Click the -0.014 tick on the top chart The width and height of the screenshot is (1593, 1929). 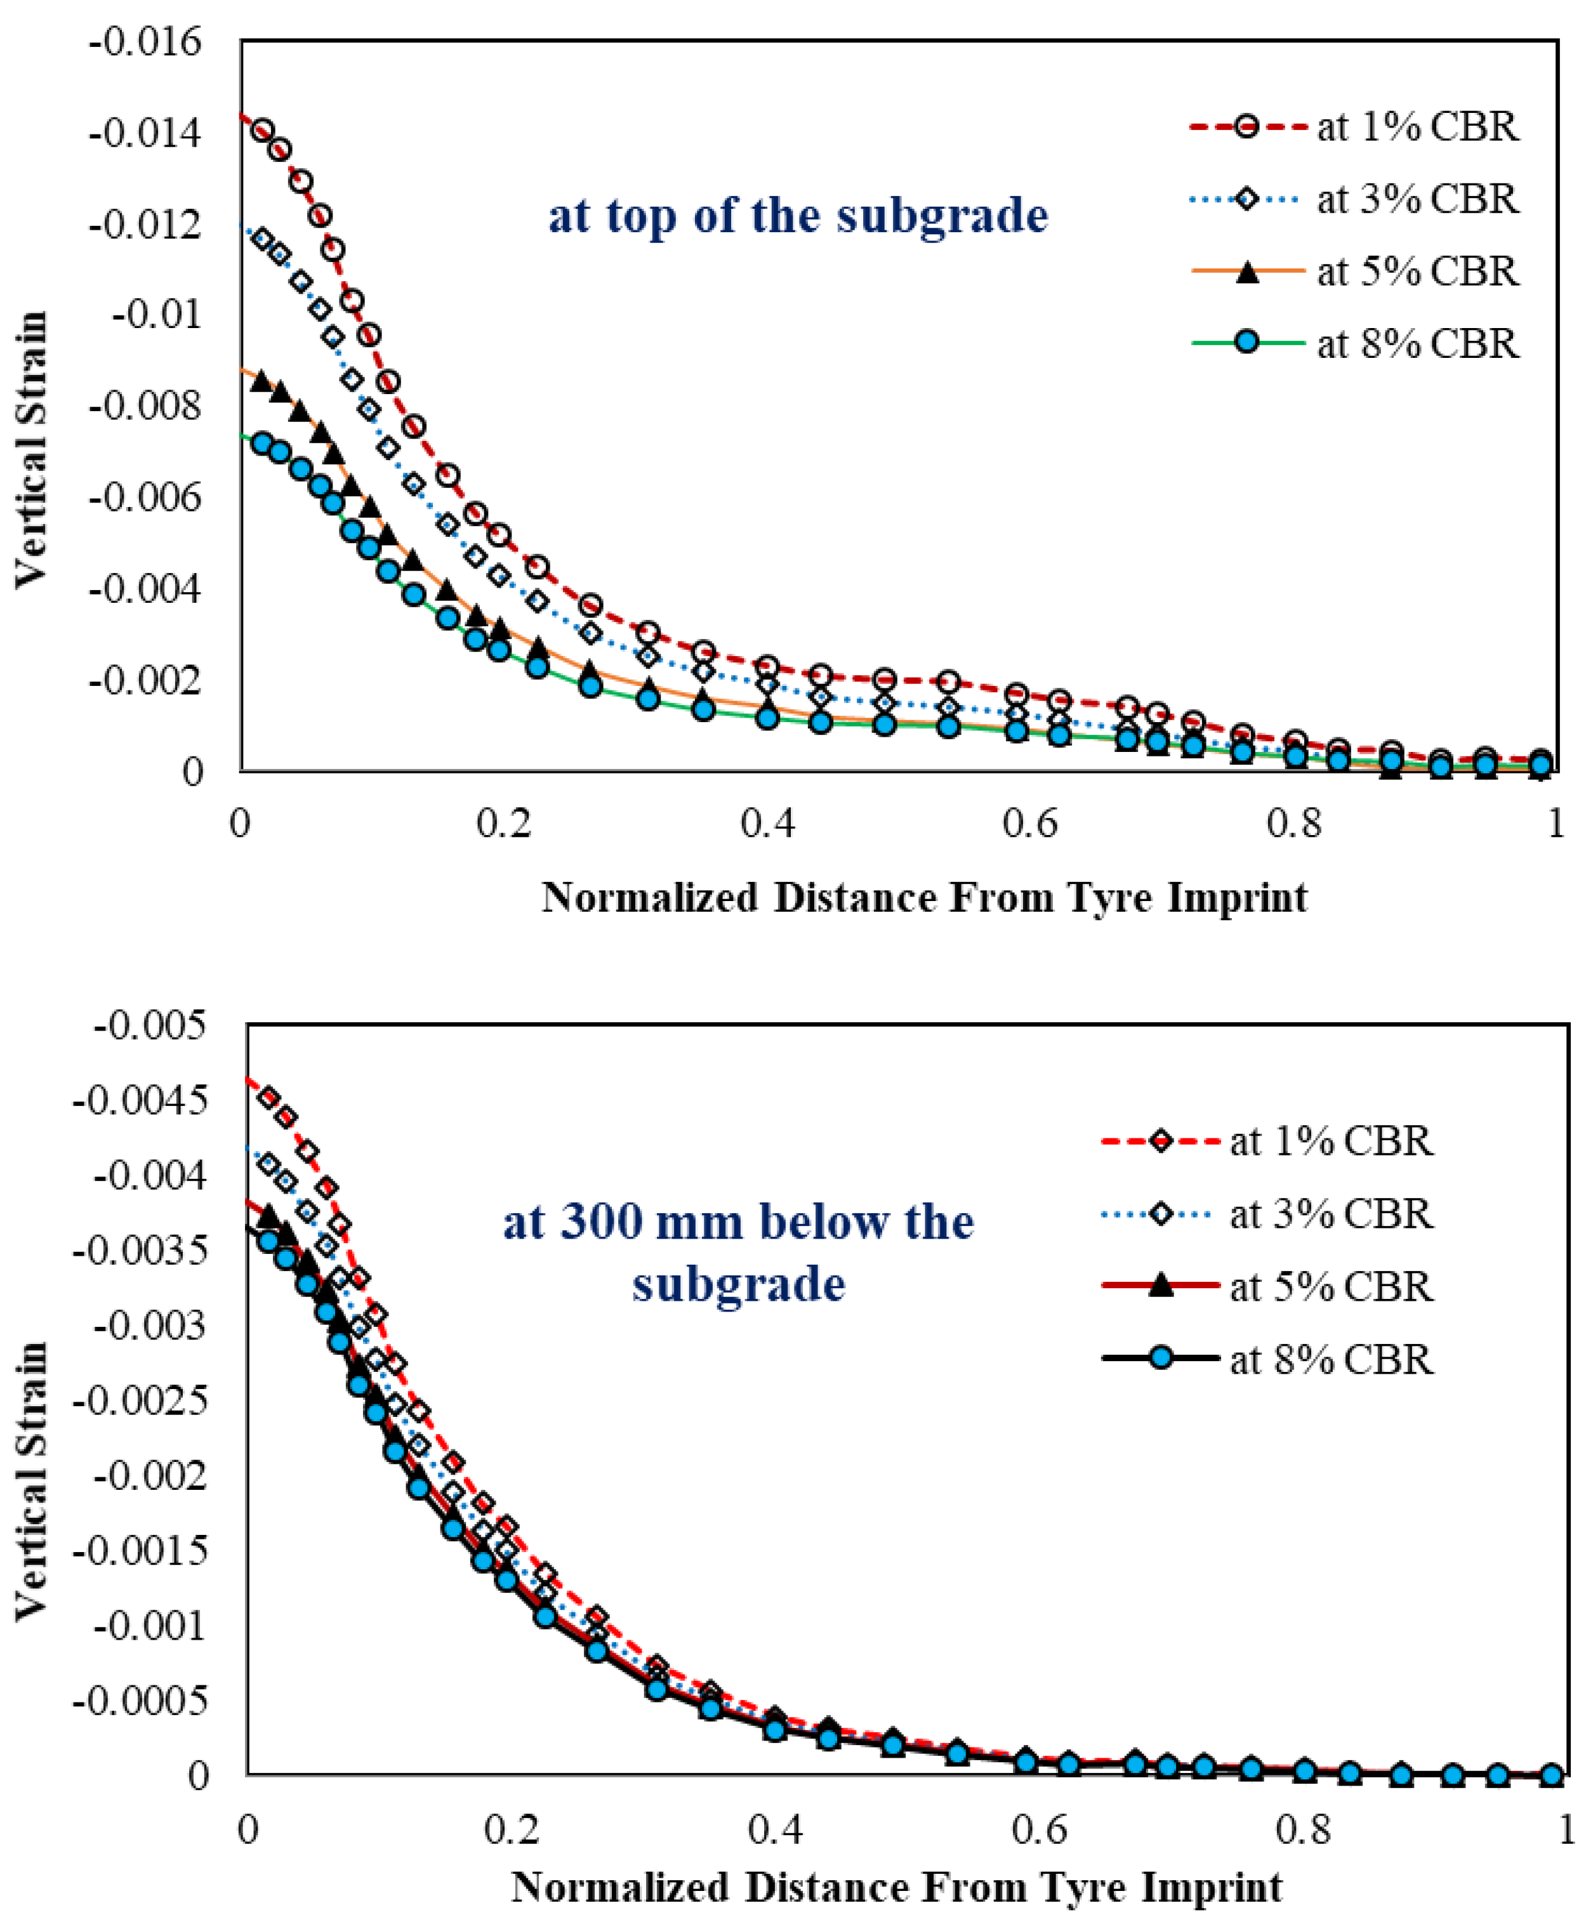[x=144, y=134]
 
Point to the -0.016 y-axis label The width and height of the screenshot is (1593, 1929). [x=144, y=42]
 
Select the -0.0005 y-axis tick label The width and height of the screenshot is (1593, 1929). [x=140, y=1701]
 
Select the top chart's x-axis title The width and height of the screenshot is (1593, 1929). [x=924, y=897]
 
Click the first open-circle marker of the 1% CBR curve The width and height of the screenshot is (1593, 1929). [x=263, y=130]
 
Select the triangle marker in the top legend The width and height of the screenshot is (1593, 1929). [x=1246, y=272]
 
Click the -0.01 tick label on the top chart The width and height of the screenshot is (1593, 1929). [x=156, y=315]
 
